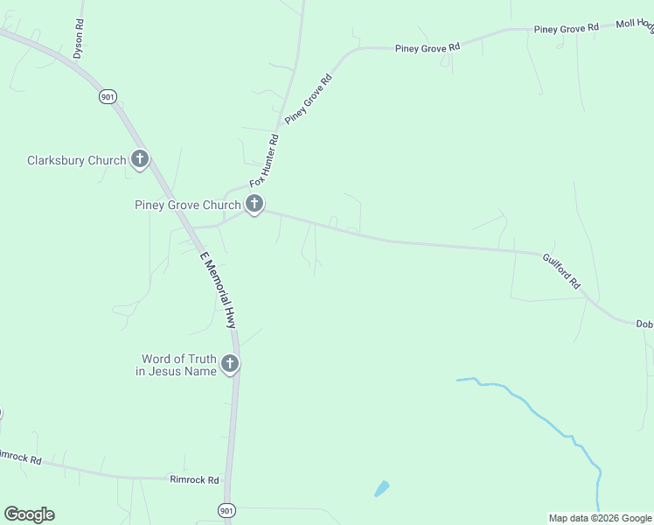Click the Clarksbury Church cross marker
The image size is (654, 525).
pos(140,159)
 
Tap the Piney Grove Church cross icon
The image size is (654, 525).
pos(254,205)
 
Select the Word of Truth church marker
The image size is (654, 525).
pos(230,364)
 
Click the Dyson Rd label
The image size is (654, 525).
pos(79,39)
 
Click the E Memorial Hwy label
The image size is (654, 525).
pos(219,290)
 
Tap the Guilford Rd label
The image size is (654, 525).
pos(561,271)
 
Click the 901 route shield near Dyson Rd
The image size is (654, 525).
pos(108,97)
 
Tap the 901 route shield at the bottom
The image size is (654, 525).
pos(226,510)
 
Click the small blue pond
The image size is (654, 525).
pos(381,488)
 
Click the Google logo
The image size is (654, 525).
pos(29,514)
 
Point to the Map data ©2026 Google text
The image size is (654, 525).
pos(600,518)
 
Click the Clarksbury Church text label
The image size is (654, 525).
pos(76,160)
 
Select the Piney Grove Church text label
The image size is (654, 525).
pos(187,206)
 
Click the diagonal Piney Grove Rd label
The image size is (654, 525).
pos(309,101)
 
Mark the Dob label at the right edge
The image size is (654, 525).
pos(644,324)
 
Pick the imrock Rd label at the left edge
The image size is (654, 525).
pos(20,456)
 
